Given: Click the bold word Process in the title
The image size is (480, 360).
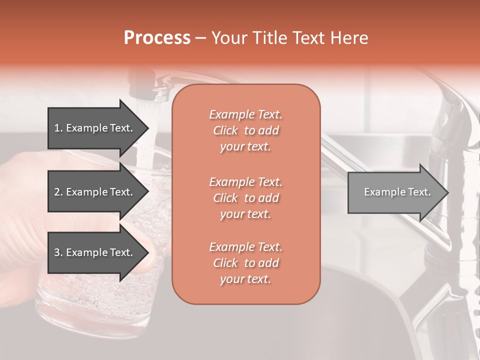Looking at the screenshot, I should tap(157, 38).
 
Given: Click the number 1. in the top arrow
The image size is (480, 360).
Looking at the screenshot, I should tap(58, 128).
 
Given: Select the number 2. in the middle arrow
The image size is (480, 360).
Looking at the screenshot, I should tap(58, 192).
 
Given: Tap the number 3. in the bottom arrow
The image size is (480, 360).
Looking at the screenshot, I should tap(58, 252).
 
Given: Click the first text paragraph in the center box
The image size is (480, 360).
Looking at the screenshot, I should tap(245, 130).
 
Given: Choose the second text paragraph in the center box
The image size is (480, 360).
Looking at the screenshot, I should tap(245, 198).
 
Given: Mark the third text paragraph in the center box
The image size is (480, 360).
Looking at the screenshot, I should tap(245, 263).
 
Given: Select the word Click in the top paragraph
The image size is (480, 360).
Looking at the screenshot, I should tap(225, 130).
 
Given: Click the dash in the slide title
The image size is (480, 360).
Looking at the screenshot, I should tap(200, 38).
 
